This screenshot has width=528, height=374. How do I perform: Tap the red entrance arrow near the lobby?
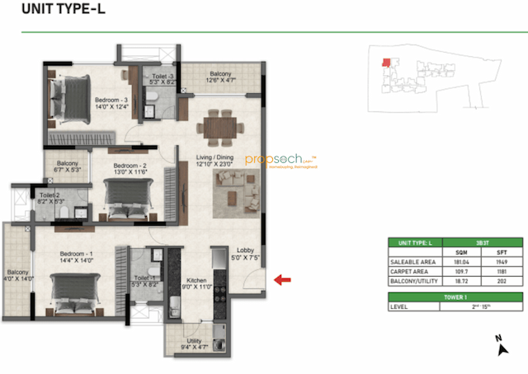tap(283, 280)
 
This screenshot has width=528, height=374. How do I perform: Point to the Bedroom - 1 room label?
tap(78, 256)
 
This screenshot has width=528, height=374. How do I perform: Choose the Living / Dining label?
tap(215, 159)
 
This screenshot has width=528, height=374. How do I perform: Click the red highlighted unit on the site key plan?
tap(384, 63)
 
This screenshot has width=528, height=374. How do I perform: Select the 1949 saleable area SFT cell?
tap(503, 262)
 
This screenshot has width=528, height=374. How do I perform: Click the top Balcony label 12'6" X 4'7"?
tap(219, 77)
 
